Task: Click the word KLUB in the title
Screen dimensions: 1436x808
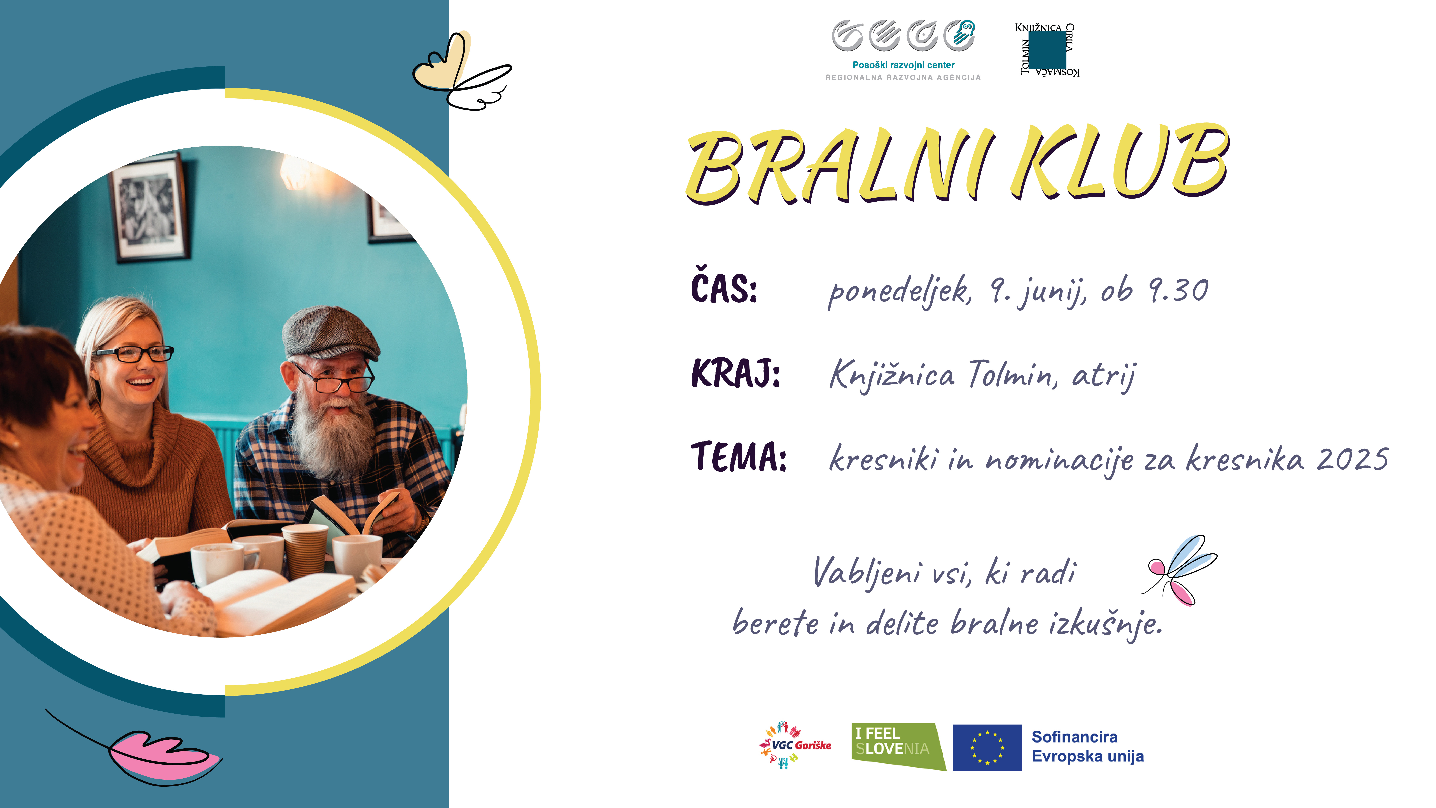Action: (x=1120, y=162)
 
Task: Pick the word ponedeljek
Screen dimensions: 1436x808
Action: (x=900, y=292)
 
